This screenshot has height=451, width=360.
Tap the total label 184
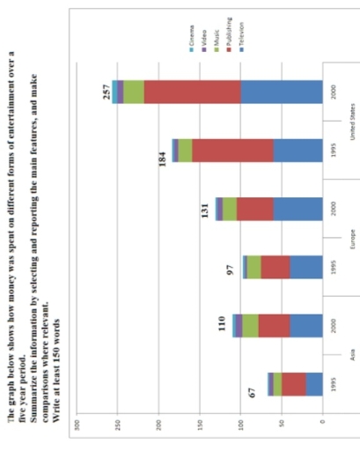point(164,163)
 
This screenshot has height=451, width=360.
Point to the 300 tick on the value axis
point(78,426)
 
